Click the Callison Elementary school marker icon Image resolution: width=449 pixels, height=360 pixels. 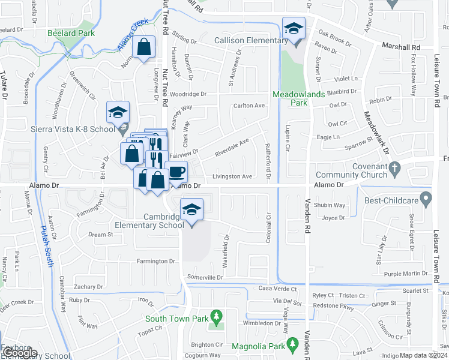(x=294, y=28)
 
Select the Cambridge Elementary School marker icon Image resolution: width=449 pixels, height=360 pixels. (x=191, y=209)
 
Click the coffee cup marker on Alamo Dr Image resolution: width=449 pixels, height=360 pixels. (x=176, y=172)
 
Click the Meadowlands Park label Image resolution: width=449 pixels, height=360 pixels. (x=290, y=98)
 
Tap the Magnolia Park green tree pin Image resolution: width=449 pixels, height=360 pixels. (x=292, y=344)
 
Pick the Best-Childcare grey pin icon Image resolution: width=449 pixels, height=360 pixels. (x=426, y=197)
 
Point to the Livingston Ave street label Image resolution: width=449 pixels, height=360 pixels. (x=232, y=176)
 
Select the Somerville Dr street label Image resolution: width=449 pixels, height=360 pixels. (x=205, y=277)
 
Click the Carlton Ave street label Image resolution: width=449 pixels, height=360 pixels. (x=249, y=106)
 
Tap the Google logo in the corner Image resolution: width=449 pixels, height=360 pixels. (x=19, y=353)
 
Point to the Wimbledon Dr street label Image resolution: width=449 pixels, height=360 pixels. (x=258, y=322)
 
